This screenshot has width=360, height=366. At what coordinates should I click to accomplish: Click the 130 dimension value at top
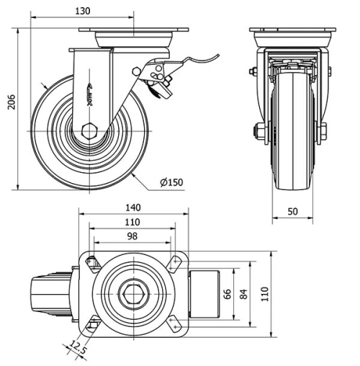[84, 11]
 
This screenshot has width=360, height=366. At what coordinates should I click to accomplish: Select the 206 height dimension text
[9, 105]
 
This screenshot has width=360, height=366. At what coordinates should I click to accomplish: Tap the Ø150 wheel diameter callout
[171, 182]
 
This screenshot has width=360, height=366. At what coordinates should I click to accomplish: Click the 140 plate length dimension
[132, 207]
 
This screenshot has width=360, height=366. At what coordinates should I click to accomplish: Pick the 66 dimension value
[227, 293]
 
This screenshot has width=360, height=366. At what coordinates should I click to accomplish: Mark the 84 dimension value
[246, 293]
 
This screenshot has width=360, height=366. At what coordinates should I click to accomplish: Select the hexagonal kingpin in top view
[132, 293]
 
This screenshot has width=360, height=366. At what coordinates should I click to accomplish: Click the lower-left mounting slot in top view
[91, 325]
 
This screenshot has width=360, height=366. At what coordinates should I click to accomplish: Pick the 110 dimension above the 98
[132, 223]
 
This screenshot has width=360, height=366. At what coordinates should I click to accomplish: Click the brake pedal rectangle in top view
[202, 293]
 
